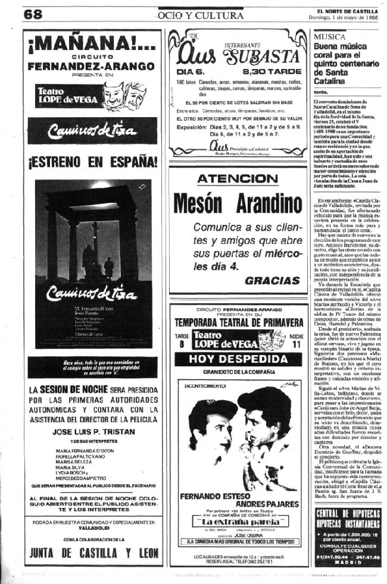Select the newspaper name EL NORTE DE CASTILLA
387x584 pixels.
pos(348,10)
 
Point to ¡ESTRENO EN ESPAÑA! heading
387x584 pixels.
pos(92,161)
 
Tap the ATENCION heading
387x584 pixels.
pos(236,179)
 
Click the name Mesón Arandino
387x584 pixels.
pos(237,206)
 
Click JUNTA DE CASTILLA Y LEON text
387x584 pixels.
pos(93,550)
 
